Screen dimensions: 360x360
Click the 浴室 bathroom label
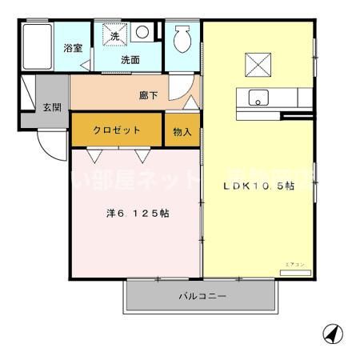point(73,48)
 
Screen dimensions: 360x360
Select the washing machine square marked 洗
point(114,37)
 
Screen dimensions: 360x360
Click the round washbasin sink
point(142,33)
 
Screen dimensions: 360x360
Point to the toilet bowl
point(182,38)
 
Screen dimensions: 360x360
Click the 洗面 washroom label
point(130,60)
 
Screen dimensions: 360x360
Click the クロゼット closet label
point(117,130)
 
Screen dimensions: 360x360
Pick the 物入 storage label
point(182,131)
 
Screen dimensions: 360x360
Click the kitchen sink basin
point(258,98)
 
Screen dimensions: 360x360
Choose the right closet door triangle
point(141,154)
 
